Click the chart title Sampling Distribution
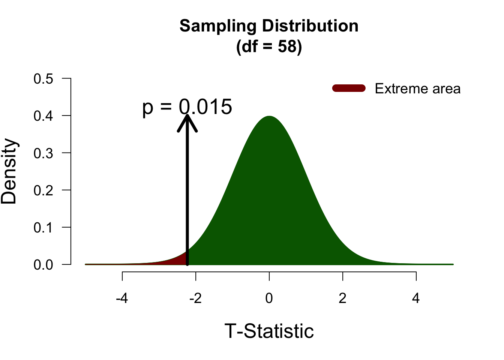click(269, 26)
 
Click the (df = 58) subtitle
click(269, 47)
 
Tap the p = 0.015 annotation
click(187, 107)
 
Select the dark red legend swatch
click(349, 88)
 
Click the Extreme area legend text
click(417, 89)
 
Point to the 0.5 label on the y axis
click(43, 79)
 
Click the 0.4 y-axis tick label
click(43, 116)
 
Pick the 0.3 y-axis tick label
click(43, 153)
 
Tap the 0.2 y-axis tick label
click(43, 190)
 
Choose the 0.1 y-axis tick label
click(43, 227)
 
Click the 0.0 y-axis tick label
click(43, 265)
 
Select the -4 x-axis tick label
click(122, 298)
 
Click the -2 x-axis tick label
click(196, 298)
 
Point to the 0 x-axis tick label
click(269, 298)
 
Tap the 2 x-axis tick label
click(342, 298)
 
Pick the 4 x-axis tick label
click(416, 298)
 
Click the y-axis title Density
click(9, 171)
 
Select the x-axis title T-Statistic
click(269, 331)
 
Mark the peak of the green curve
click(269, 116)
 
